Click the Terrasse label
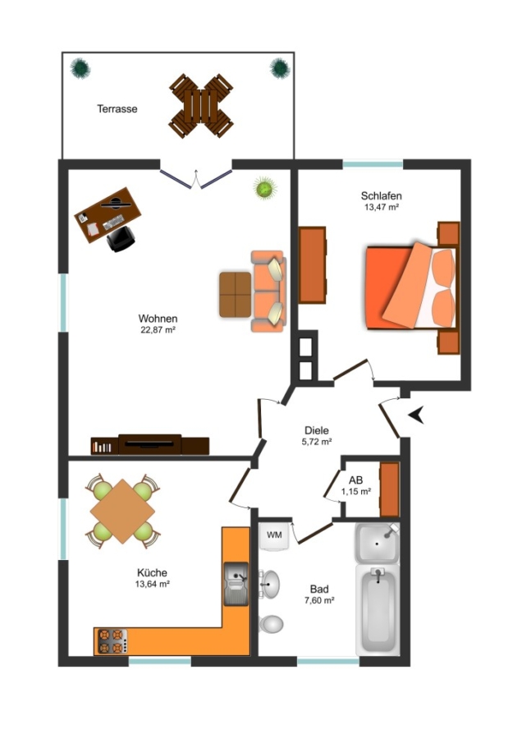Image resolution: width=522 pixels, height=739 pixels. [117, 109]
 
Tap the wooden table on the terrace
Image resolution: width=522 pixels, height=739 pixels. [201, 106]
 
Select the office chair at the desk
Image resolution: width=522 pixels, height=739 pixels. [121, 239]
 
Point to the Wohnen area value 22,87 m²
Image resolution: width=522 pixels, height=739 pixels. [158, 330]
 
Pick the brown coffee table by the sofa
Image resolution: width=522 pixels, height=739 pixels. [235, 295]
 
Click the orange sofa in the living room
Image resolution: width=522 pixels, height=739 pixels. [268, 291]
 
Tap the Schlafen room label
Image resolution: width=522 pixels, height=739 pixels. [381, 195]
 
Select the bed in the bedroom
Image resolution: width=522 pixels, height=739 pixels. [411, 287]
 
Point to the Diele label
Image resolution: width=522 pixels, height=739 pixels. [317, 430]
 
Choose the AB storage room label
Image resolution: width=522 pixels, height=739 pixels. [355, 480]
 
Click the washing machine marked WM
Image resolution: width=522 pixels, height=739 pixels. [274, 536]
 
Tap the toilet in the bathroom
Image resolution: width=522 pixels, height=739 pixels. [271, 624]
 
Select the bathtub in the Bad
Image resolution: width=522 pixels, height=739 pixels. [378, 610]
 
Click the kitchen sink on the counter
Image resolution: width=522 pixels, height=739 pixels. [236, 584]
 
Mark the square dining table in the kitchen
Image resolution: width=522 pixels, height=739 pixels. [122, 512]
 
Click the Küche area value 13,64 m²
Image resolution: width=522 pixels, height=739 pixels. [152, 584]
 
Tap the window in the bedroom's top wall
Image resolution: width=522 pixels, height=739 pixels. [373, 164]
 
